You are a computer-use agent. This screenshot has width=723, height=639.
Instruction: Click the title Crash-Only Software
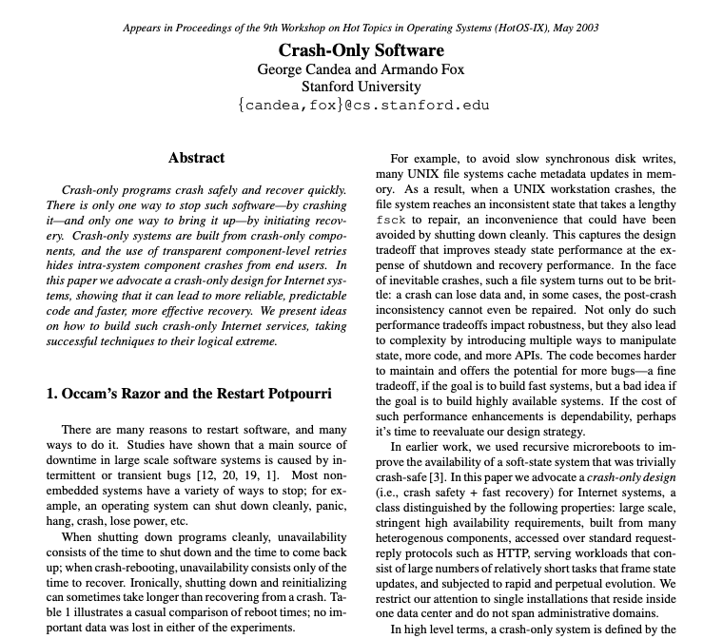point(361,50)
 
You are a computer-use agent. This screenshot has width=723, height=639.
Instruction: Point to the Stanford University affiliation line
point(361,87)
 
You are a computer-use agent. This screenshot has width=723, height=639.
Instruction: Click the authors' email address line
point(361,105)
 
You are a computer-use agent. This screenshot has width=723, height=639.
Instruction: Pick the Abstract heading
point(196,158)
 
